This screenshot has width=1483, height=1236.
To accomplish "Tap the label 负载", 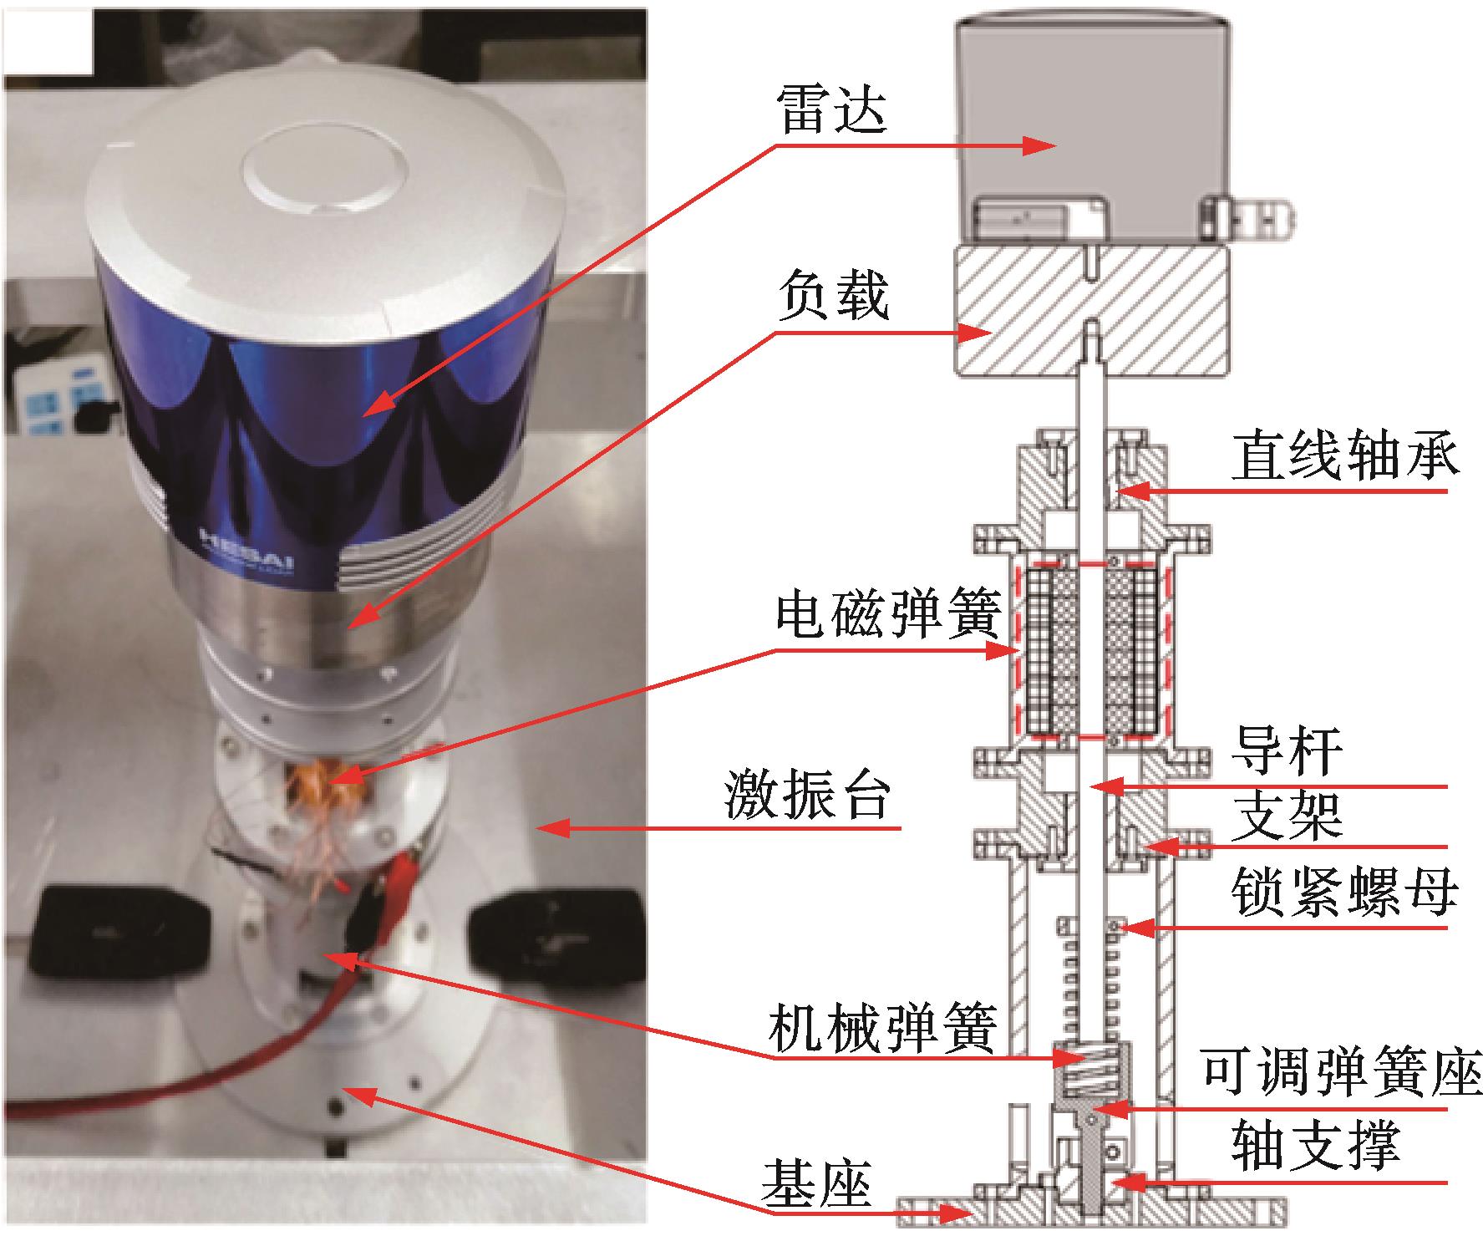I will (x=832, y=297).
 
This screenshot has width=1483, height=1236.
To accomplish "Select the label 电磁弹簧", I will (x=887, y=616).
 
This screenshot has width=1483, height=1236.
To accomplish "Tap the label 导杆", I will (x=1287, y=750).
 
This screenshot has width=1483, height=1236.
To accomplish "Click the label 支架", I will (x=1287, y=815).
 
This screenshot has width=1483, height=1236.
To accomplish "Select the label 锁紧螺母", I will (x=1345, y=893).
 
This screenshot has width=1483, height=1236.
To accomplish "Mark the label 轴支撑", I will (x=1316, y=1145).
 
